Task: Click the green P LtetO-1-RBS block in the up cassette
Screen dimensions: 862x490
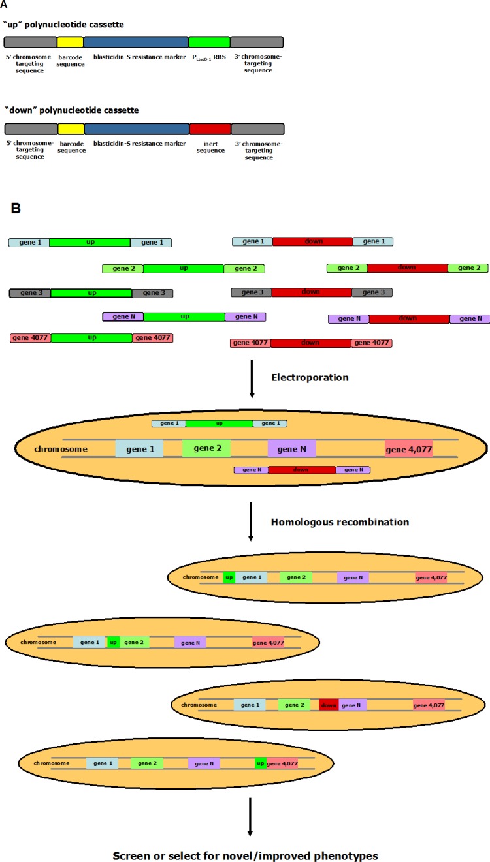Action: [x=209, y=42]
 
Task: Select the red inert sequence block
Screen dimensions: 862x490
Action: [x=210, y=129]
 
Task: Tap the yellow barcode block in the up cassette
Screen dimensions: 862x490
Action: [x=70, y=42]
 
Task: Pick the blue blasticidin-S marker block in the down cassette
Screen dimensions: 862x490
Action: [x=137, y=129]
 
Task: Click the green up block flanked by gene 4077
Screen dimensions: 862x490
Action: [x=91, y=337]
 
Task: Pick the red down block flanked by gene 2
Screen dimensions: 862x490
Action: [x=407, y=268]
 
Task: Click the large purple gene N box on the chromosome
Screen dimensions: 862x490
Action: [x=291, y=448]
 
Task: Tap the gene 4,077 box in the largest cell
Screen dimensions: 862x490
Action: [x=408, y=449]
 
